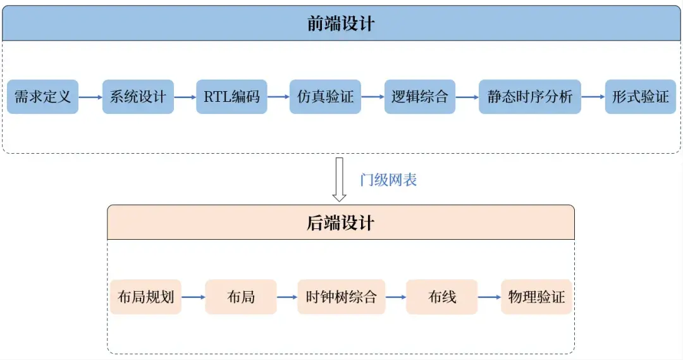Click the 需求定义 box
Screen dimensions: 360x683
point(43,97)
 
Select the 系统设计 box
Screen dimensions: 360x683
point(138,97)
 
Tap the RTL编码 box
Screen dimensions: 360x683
point(231,97)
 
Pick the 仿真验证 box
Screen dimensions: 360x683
point(325,97)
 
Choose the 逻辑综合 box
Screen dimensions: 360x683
point(419,97)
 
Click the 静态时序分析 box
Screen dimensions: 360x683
point(529,97)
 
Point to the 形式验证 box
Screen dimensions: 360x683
point(640,97)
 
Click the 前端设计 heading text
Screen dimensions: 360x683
point(341,24)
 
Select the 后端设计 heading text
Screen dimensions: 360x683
point(341,223)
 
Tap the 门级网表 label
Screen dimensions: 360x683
point(388,180)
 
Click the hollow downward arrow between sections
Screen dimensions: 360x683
point(340,179)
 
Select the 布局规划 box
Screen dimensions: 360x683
point(145,297)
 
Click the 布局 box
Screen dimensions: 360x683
point(240,297)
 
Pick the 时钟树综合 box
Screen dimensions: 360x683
point(341,297)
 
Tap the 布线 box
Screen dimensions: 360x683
point(441,297)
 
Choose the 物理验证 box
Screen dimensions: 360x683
point(536,297)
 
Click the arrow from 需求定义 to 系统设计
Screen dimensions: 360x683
point(90,97)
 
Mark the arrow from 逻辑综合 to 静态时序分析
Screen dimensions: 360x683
point(467,97)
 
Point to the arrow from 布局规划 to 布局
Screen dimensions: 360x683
point(193,297)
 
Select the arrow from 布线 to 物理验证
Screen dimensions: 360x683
point(489,297)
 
